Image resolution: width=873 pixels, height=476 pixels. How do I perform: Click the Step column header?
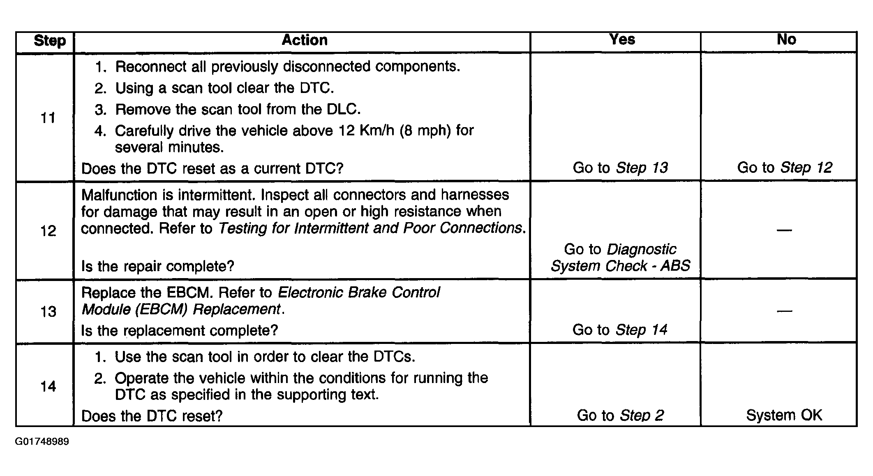click(50, 41)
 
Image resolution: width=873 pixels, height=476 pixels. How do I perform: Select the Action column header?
click(305, 40)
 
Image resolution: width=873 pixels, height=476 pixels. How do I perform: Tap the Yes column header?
click(622, 39)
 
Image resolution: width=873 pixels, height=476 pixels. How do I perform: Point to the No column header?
click(786, 39)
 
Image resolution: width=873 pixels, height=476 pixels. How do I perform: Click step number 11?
click(48, 118)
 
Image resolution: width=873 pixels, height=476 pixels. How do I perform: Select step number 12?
click(48, 231)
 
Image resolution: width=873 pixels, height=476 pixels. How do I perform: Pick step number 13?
click(48, 311)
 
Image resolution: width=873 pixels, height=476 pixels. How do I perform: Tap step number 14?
click(48, 386)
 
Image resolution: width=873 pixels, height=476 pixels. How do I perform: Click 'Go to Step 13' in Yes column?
click(620, 168)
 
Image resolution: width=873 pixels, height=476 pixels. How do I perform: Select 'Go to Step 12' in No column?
click(785, 168)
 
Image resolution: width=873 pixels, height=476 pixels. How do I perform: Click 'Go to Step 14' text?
click(620, 330)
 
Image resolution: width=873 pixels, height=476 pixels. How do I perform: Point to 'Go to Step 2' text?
click(620, 416)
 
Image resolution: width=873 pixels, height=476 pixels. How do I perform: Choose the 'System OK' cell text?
click(784, 416)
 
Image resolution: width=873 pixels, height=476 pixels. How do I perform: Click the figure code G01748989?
click(42, 442)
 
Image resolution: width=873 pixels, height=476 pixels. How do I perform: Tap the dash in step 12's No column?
click(784, 230)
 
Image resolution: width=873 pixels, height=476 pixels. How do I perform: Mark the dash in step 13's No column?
click(784, 311)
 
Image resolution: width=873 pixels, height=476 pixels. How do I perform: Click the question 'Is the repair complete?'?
click(157, 267)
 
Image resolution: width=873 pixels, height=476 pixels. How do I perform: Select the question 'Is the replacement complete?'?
click(180, 330)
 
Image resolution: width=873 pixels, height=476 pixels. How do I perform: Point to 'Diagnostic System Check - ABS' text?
click(620, 258)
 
